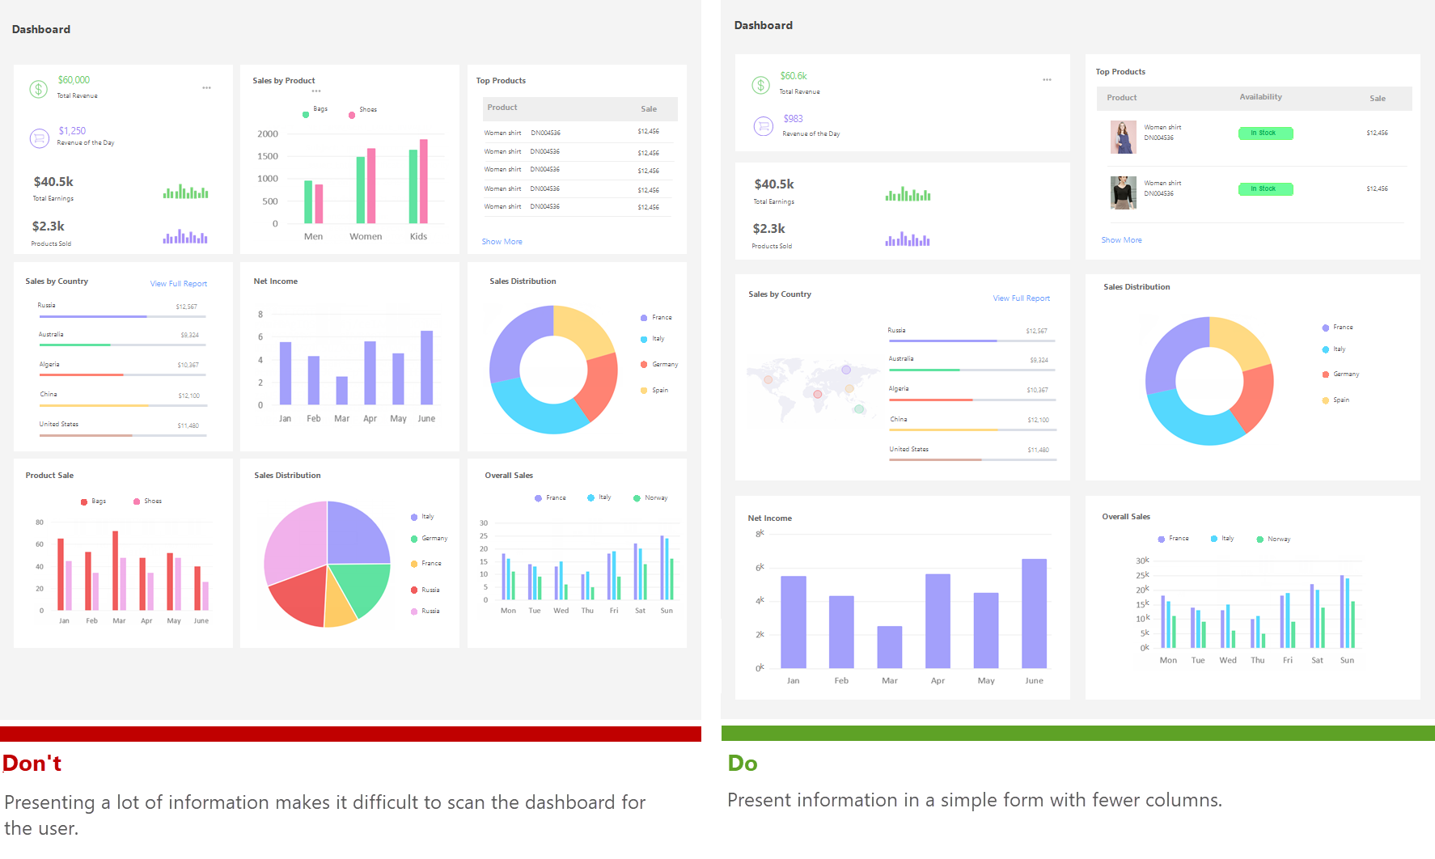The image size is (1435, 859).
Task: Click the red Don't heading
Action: coord(32,763)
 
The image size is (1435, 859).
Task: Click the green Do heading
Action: coord(743,763)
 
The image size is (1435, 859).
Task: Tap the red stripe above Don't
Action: coord(350,734)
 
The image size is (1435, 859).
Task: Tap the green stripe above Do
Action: coord(1077,733)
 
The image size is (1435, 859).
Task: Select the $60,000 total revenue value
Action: coord(74,80)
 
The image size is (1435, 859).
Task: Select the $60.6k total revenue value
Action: coord(794,76)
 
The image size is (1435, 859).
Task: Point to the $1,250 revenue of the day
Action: coord(72,131)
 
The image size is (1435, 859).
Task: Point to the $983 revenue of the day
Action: coord(793,119)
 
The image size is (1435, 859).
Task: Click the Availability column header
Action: coord(1260,97)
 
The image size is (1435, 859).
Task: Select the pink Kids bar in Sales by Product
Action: coord(423,181)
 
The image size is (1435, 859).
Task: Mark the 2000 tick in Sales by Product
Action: coord(268,134)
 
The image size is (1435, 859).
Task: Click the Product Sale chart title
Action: coord(49,476)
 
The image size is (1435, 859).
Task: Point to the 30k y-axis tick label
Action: coord(1142,561)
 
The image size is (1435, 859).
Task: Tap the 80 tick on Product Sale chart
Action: coord(40,523)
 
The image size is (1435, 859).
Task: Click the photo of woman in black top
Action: coord(1123,193)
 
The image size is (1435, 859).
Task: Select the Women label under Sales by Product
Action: coord(366,237)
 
